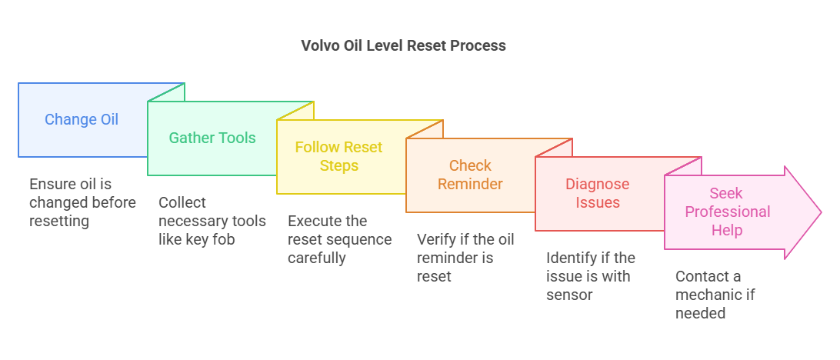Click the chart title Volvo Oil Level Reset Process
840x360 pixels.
403,45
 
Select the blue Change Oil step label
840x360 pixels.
82,119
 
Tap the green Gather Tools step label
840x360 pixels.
212,138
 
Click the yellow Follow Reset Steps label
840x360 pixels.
338,156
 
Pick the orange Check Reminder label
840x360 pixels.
470,175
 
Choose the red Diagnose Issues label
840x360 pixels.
597,193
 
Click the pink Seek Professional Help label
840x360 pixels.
727,212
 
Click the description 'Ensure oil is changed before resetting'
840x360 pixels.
82,202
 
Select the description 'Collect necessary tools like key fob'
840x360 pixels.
212,221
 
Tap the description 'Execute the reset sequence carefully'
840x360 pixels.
340,239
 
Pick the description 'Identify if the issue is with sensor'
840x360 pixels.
591,276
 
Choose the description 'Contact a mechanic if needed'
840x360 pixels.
718,295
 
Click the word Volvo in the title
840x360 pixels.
318,45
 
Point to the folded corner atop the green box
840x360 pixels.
164,93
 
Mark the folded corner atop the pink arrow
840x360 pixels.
681,167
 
